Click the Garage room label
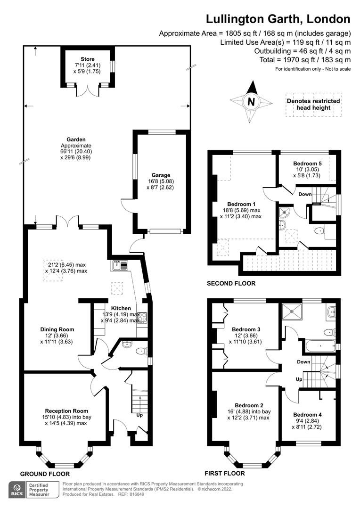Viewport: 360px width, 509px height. (161, 175)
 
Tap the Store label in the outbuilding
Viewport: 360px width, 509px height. (87, 59)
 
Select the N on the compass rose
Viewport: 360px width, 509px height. (251, 102)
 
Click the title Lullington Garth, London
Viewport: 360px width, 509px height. (278, 19)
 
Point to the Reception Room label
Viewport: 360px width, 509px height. (66, 411)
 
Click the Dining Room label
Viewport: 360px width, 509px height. (57, 329)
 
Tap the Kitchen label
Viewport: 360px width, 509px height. (121, 308)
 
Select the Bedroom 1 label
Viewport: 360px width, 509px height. (241, 204)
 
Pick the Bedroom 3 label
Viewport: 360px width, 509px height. (246, 329)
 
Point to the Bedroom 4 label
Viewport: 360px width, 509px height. (307, 415)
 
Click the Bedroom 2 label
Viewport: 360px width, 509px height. (249, 405)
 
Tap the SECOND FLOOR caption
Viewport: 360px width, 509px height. (231, 283)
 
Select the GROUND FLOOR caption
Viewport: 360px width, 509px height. (45, 474)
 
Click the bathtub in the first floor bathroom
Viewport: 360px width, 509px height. (320, 346)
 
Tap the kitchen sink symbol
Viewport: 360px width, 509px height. (121, 265)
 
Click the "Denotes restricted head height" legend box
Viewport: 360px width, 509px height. (313, 105)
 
